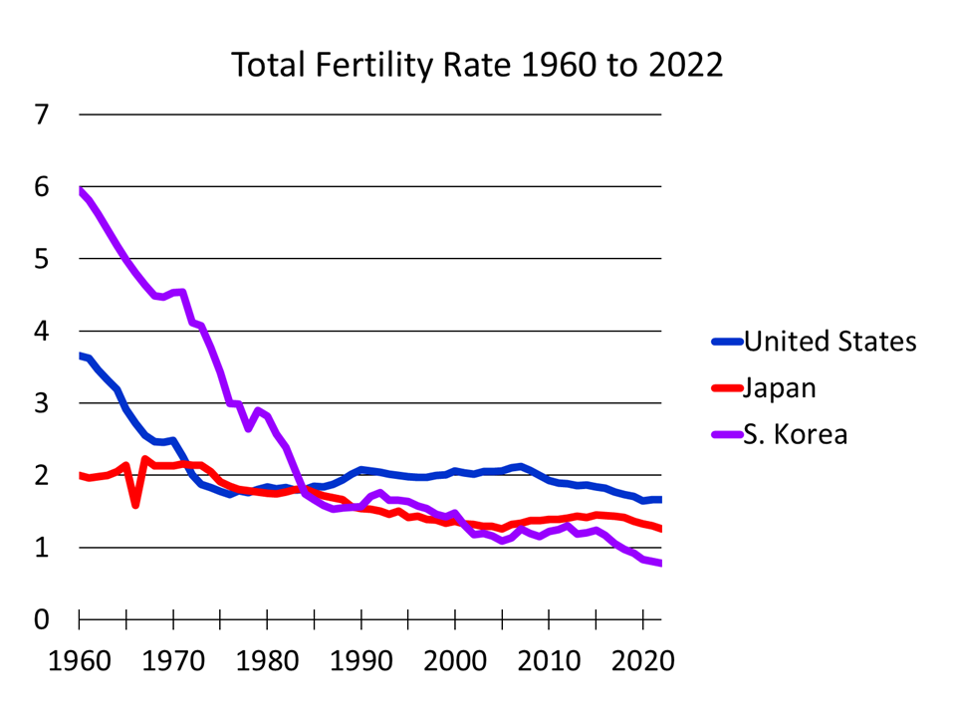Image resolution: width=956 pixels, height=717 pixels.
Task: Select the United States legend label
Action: [830, 342]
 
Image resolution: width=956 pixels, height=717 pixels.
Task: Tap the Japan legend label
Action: [780, 387]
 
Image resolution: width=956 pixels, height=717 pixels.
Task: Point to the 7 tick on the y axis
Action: [41, 115]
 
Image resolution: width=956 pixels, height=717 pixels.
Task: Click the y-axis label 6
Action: [41, 187]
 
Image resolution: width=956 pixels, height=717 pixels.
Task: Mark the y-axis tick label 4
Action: [41, 332]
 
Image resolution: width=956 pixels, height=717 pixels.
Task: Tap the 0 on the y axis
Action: [41, 619]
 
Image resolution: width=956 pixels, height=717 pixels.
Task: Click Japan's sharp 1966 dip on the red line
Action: [135, 504]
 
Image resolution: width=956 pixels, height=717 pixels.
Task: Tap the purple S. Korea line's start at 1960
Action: [80, 191]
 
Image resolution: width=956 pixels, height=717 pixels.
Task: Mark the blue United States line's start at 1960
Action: [80, 356]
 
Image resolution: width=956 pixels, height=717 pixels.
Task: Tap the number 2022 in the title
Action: [685, 65]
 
